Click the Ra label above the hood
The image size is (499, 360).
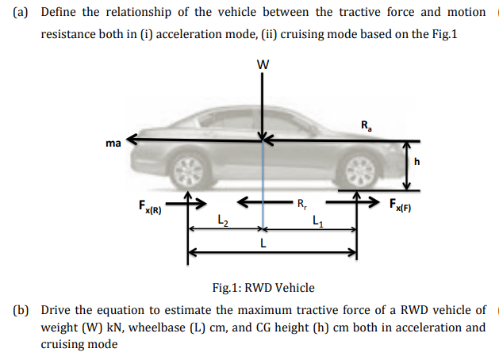coord(364,124)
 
